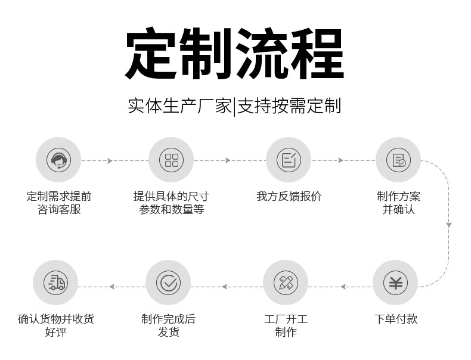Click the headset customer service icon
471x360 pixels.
coord(58,160)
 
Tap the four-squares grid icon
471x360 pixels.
coord(171,160)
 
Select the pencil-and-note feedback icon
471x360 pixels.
coord(289,160)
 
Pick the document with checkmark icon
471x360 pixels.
coord(398,160)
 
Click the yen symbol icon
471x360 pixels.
coord(395,283)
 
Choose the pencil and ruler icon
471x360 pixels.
coord(286,283)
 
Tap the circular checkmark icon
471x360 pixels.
coord(168,283)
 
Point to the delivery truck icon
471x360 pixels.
coord(55,283)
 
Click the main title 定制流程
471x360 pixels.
coord(235,54)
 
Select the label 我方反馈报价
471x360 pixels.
coord(289,196)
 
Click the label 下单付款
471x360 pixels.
coord(396,319)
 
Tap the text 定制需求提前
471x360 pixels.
coord(58,196)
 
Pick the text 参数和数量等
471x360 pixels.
coord(171,210)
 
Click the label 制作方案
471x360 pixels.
coord(398,196)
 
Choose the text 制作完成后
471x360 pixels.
coord(168,319)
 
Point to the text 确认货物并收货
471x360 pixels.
coord(55,319)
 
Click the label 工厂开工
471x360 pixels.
coord(286,319)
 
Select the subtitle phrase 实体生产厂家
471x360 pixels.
coord(179,106)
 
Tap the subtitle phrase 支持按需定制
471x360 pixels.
coord(289,106)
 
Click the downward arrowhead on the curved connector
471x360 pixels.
coord(449,225)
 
